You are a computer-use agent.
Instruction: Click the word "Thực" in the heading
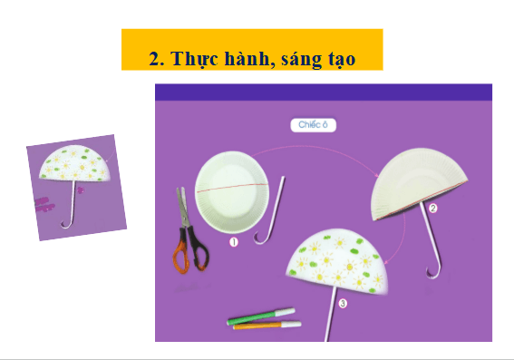pos(195,59)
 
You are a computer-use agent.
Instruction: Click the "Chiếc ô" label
pos(313,125)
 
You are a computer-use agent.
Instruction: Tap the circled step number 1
pos(234,242)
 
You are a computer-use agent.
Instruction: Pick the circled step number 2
pos(432,209)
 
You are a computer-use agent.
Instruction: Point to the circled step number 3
pos(343,303)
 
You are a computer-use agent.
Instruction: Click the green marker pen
pos(261,316)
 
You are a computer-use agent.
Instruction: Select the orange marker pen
pos(267,326)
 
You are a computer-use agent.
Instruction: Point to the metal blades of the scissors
pos(183,207)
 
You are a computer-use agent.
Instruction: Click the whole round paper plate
pos(232,192)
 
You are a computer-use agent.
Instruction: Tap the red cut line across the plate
pos(232,187)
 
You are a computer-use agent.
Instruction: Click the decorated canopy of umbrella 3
pos(336,260)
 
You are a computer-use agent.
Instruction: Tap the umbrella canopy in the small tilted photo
pos(74,163)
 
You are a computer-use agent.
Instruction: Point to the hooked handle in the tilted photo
pos(67,224)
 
